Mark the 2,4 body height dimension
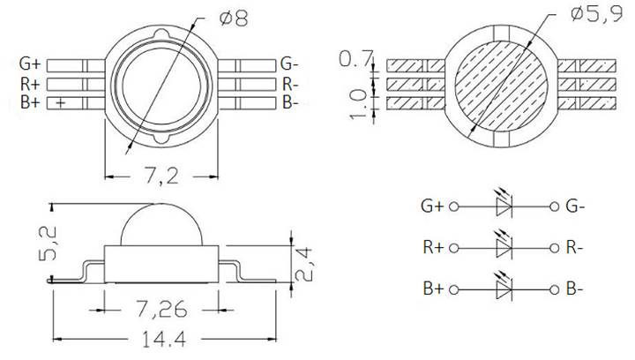[304, 262]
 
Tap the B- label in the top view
[291, 102]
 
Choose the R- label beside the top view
[291, 84]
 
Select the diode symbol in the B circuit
[504, 289]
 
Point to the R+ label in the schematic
[433, 248]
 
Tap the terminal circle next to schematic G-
[554, 207]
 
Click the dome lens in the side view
[161, 226]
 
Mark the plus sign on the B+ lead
[60, 103]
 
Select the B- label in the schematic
[574, 289]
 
